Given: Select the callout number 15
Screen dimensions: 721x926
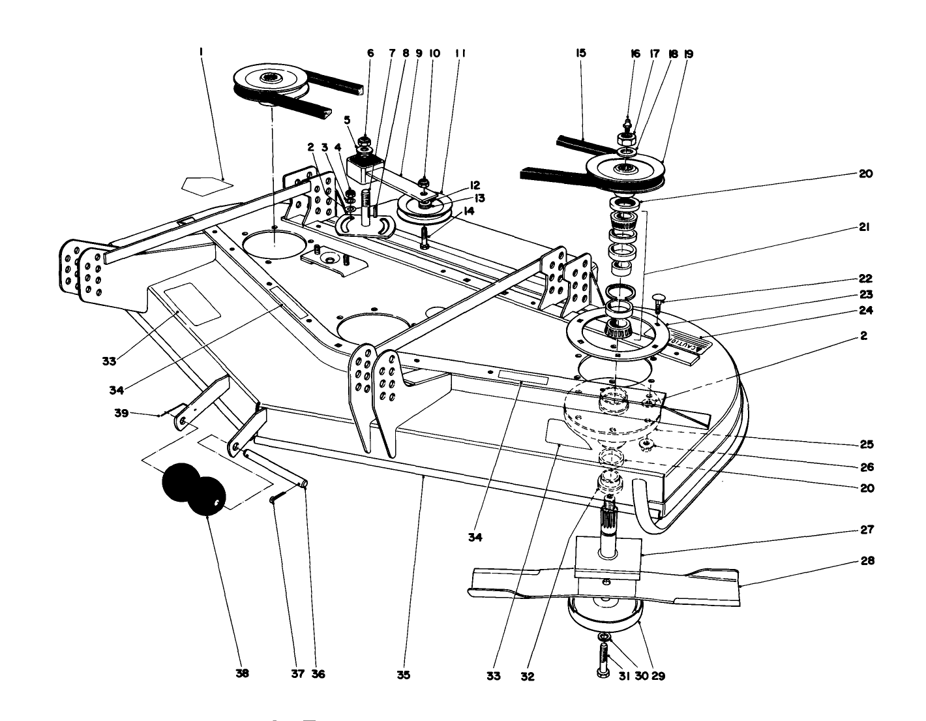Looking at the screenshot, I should [x=581, y=53].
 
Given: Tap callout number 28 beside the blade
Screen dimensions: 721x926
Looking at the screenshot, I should [x=867, y=560].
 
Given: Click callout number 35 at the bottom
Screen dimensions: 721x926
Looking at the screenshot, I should [x=404, y=675].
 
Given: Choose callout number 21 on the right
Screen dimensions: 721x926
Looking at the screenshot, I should [x=865, y=228].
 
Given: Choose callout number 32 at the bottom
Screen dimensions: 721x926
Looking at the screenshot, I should [x=528, y=677].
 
